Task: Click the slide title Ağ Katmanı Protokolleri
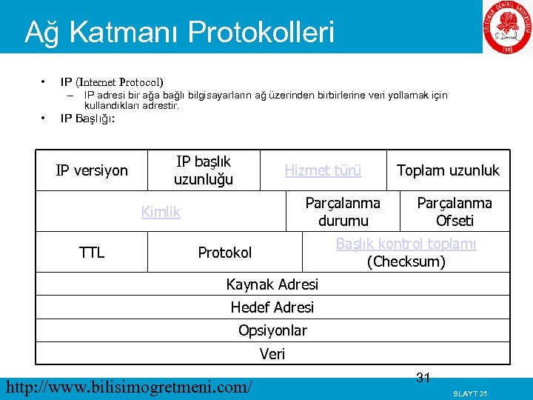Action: pyautogui.click(x=179, y=33)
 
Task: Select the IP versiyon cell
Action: pyautogui.click(x=92, y=170)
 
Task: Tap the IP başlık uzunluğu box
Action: pyautogui.click(x=204, y=170)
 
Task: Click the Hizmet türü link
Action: pyautogui.click(x=324, y=170)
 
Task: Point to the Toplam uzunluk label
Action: pyautogui.click(x=448, y=170)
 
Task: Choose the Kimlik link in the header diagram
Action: pyautogui.click(x=161, y=212)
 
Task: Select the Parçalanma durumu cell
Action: pyautogui.click(x=343, y=212)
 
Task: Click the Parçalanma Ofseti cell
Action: pyautogui.click(x=455, y=212)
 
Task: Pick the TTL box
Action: pyautogui.click(x=92, y=253)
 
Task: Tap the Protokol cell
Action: pyautogui.click(x=225, y=253)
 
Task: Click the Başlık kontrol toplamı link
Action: pyautogui.click(x=406, y=244)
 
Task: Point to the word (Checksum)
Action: pyautogui.click(x=406, y=261)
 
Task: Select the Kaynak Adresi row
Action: pyautogui.click(x=272, y=284)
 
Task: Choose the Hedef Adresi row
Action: pyautogui.click(x=272, y=307)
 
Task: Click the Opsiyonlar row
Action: pyautogui.click(x=272, y=330)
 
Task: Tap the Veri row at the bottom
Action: pyautogui.click(x=272, y=354)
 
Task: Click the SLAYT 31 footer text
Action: pyautogui.click(x=469, y=393)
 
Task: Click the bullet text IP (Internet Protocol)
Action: pyautogui.click(x=112, y=81)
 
